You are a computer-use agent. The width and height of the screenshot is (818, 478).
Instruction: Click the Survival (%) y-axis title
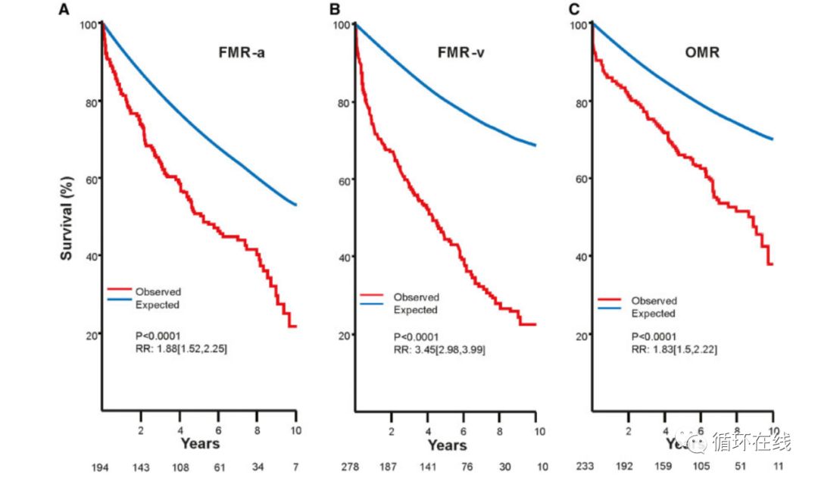[67, 220]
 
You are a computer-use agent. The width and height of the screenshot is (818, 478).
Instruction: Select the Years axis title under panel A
[200, 443]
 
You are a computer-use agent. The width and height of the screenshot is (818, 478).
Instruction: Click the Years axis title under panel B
[447, 445]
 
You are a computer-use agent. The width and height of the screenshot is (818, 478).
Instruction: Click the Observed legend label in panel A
[158, 292]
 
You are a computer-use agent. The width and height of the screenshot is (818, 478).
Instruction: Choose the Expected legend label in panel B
[416, 310]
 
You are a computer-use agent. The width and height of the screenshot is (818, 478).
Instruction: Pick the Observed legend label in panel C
[654, 301]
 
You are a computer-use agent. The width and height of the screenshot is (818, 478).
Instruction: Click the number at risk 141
[427, 467]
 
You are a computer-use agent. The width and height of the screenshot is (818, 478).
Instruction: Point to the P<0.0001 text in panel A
[157, 336]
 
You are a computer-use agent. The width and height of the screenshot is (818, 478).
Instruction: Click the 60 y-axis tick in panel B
[342, 180]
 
